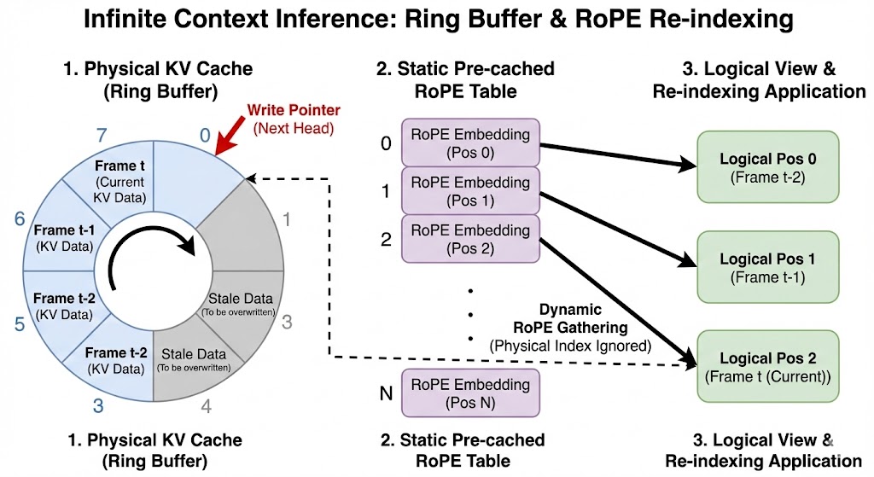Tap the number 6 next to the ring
pos(19,219)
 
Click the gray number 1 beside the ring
pos(288,219)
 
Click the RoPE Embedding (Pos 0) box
pos(470,143)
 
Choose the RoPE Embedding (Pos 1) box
pos(470,190)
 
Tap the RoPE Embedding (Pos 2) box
pos(470,239)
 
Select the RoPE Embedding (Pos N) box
pos(470,393)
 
